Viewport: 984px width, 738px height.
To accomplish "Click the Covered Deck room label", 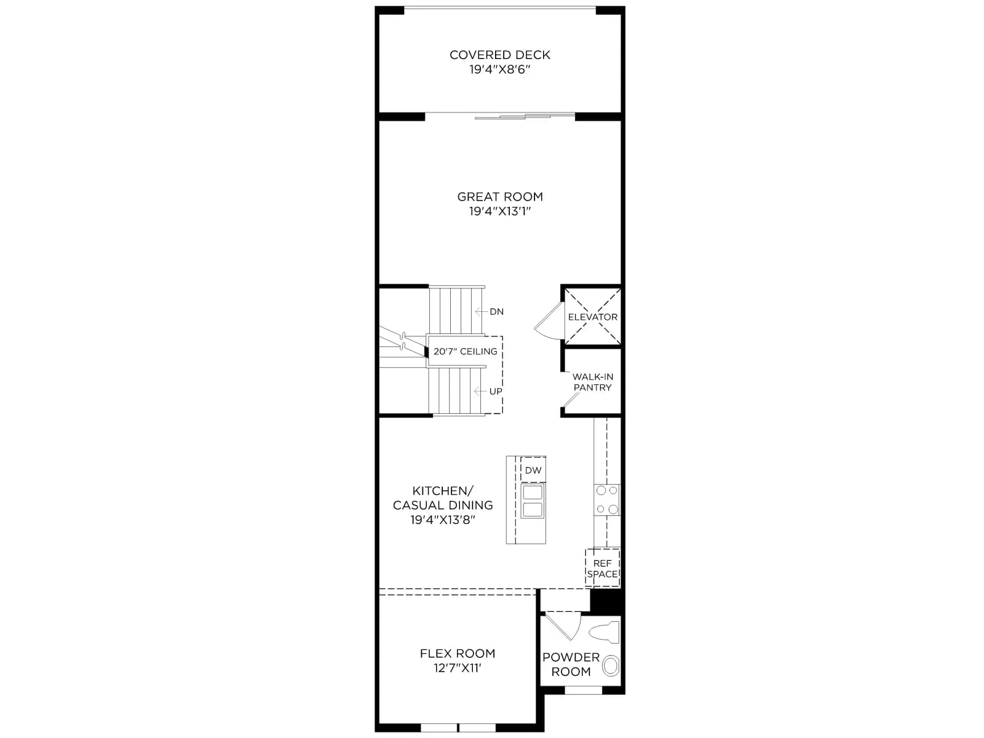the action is tap(499, 55).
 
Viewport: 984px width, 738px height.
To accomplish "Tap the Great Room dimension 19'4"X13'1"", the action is tap(500, 211).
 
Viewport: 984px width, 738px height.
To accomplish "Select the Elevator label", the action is tap(593, 317).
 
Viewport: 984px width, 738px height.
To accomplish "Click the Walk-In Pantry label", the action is tap(593, 382).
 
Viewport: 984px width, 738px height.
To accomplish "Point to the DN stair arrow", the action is tap(481, 311).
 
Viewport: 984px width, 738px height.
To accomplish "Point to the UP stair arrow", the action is tap(480, 391).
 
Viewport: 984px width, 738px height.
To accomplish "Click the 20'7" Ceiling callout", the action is tap(466, 351).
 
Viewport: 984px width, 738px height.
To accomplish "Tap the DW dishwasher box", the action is tap(533, 470).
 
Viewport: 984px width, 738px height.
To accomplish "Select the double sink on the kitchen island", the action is tap(533, 501).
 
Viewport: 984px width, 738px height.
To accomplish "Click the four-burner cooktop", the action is tap(607, 499).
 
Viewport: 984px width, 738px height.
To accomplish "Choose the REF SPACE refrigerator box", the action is tap(603, 568).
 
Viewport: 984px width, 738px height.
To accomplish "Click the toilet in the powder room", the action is tap(604, 632).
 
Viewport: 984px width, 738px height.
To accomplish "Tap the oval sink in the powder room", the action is tap(611, 665).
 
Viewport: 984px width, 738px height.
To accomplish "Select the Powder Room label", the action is tap(571, 665).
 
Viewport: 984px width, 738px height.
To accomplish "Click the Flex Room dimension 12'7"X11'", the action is tap(458, 668).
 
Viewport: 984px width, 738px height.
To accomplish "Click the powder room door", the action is tap(563, 625).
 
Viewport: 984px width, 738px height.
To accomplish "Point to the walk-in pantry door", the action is tap(571, 400).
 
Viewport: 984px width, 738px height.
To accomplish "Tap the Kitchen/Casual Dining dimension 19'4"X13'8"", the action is tap(442, 520).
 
